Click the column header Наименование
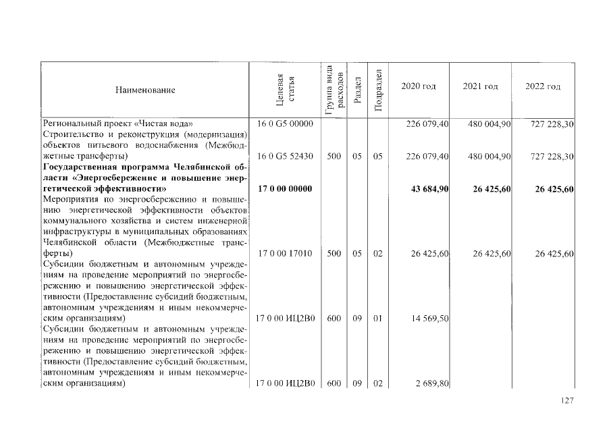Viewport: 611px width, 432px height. click(145, 90)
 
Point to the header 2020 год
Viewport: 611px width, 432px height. click(419, 87)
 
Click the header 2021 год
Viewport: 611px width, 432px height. click(480, 87)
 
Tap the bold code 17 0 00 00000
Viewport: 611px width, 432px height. click(285, 188)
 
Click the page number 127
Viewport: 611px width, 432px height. click(566, 401)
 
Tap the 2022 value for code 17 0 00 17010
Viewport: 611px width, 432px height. click(554, 253)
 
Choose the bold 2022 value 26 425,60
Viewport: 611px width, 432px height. click(554, 188)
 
